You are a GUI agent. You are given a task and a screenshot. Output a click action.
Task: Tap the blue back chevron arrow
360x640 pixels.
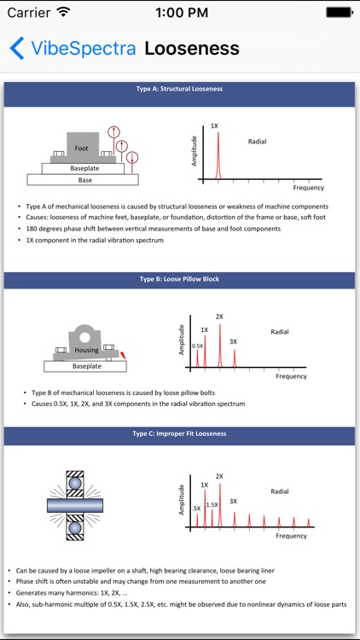pyautogui.click(x=17, y=48)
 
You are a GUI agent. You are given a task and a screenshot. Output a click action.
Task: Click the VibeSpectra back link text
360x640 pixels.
pyautogui.click(x=84, y=48)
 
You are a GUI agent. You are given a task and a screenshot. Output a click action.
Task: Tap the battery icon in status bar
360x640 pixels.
pyautogui.click(x=339, y=12)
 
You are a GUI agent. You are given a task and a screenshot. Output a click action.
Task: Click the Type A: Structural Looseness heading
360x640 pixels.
pyautogui.click(x=180, y=89)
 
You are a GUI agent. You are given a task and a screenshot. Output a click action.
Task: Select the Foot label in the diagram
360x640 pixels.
pyautogui.click(x=81, y=148)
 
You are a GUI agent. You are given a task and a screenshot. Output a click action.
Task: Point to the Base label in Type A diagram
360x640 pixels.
pyautogui.click(x=85, y=179)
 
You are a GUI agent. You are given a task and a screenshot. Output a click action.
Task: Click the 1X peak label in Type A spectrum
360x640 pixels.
pyautogui.click(x=214, y=125)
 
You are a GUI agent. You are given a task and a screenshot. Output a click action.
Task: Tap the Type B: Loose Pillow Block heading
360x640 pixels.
pyautogui.click(x=180, y=279)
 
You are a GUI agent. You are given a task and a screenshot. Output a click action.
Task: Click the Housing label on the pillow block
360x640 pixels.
pyautogui.click(x=86, y=350)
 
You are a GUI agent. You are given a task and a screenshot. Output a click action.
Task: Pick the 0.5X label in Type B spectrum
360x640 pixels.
pyautogui.click(x=198, y=346)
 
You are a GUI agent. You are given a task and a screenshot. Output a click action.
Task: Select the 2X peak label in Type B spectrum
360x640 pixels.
pyautogui.click(x=219, y=317)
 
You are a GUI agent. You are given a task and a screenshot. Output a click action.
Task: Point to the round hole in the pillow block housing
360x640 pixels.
pyautogui.click(x=84, y=337)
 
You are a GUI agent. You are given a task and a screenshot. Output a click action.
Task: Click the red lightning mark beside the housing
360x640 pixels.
pyautogui.click(x=123, y=355)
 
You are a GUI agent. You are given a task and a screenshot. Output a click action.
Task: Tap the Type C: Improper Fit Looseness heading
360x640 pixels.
pyautogui.click(x=180, y=433)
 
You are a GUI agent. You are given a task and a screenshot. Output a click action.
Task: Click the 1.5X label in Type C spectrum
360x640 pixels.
pyautogui.click(x=212, y=505)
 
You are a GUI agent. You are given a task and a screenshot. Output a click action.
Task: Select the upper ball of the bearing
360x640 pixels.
pyautogui.click(x=75, y=483)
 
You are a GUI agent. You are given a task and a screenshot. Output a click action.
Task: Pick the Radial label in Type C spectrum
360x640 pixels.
pyautogui.click(x=280, y=492)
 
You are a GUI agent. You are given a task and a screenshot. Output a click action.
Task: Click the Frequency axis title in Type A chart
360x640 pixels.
pyautogui.click(x=309, y=188)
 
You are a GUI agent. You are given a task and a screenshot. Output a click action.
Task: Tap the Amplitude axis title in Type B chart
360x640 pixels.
pyautogui.click(x=183, y=340)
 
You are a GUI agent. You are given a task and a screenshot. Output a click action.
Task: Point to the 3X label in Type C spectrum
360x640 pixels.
pyautogui.click(x=233, y=501)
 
